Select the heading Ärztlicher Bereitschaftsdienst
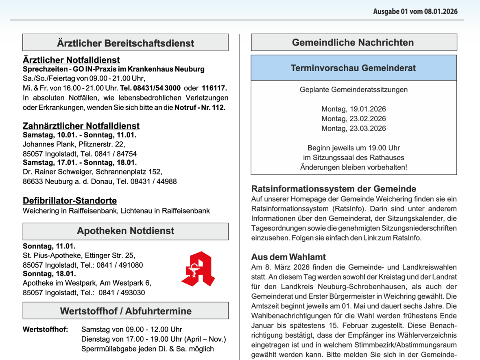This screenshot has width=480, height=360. click(125, 43)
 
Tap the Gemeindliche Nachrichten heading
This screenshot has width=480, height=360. click(353, 42)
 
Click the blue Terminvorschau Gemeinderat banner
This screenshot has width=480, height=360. click(353, 68)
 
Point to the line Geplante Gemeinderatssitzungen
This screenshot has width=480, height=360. click(353, 89)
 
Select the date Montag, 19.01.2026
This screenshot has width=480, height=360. click(353, 109)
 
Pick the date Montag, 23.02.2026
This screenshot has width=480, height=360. click(353, 119)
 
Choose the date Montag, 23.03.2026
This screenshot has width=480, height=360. click(353, 129)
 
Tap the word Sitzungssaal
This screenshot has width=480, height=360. click(332, 157)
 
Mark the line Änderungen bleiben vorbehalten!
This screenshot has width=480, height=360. click(353, 167)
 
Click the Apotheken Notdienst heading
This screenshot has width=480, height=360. click(125, 231)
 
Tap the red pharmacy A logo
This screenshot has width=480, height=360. click(198, 269)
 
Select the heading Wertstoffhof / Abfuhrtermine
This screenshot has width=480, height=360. click(125, 311)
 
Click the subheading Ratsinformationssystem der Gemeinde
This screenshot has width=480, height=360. click(334, 189)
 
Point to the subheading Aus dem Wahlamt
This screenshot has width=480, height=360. click(288, 257)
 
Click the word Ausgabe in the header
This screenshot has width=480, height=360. click(386, 11)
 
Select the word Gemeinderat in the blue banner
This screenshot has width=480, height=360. click(392, 68)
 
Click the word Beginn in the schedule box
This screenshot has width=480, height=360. click(319, 148)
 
